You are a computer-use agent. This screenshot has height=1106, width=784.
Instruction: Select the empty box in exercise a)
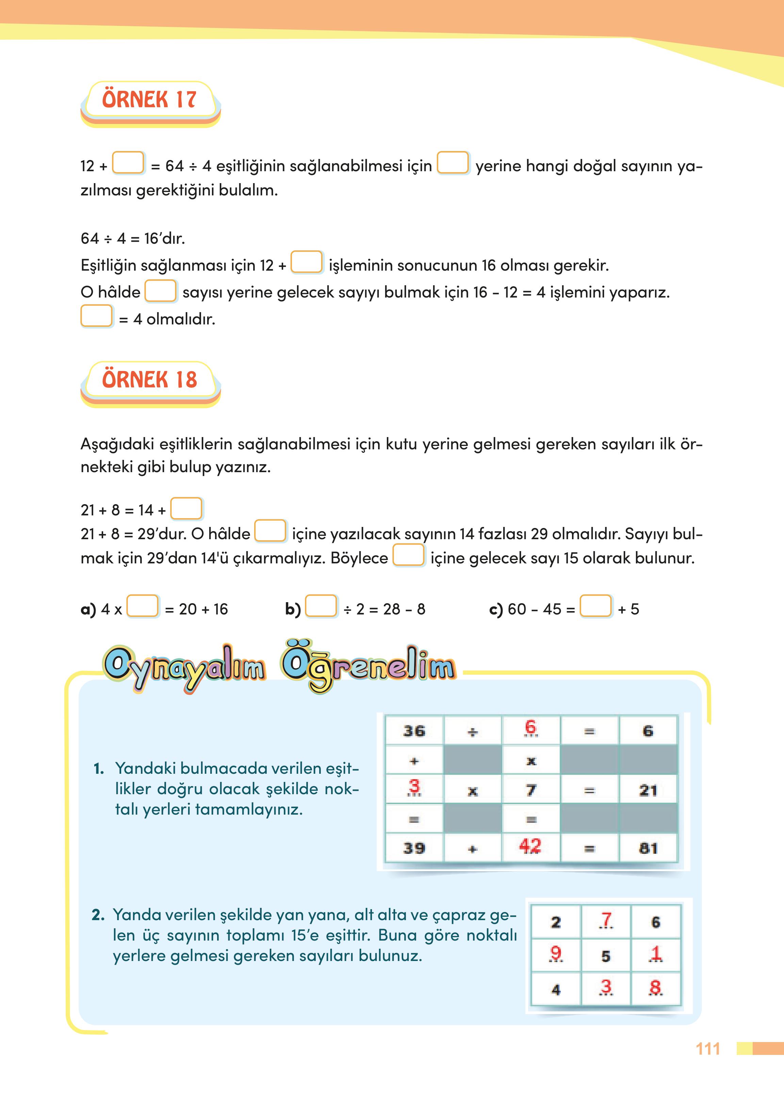point(143,606)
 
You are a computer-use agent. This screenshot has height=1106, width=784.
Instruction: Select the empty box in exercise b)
point(321,606)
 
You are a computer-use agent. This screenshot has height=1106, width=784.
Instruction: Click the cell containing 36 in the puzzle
point(414,731)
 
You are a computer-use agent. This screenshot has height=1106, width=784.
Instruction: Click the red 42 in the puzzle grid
point(530,846)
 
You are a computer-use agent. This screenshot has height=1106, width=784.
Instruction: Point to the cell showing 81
point(648,848)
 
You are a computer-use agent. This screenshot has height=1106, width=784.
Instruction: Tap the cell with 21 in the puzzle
point(648,790)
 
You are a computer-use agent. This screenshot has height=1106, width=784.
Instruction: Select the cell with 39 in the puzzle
point(414,848)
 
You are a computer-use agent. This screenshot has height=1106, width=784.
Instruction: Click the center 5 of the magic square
point(606,956)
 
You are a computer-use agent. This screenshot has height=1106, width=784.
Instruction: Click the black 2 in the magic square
point(556,923)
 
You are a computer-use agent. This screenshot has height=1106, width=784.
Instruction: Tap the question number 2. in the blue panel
point(98,915)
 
